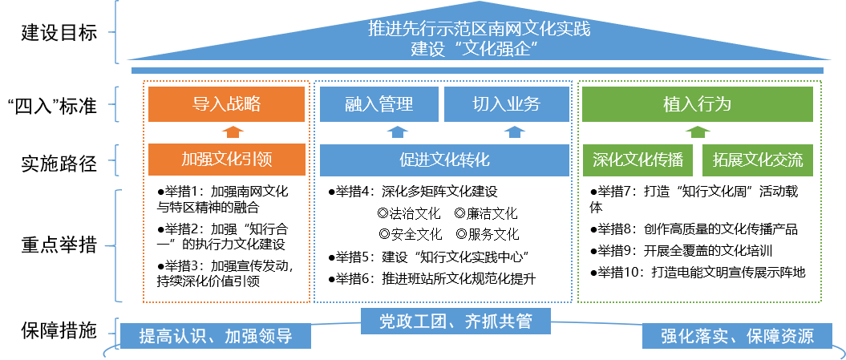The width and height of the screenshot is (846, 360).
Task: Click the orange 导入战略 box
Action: click(226, 104)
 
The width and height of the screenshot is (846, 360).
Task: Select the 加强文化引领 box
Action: click(226, 160)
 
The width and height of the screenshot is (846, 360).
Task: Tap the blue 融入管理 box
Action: click(378, 104)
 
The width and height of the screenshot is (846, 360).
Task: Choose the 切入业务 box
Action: click(506, 104)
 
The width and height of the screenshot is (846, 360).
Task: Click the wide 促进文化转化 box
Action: click(444, 160)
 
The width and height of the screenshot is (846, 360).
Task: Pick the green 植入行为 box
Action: click(697, 104)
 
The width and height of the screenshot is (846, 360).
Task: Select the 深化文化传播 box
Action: click(638, 160)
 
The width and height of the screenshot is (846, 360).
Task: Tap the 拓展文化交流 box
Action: click(758, 160)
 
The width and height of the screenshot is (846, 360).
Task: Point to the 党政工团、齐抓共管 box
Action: click(455, 322)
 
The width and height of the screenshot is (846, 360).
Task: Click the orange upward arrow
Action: click(231, 132)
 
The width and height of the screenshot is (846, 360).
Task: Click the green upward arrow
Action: click(698, 132)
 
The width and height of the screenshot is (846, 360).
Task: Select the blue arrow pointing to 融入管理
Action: click(398, 132)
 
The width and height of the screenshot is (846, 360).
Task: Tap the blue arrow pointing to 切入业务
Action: click(514, 132)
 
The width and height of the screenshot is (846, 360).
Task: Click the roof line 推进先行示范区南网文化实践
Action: click(479, 29)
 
